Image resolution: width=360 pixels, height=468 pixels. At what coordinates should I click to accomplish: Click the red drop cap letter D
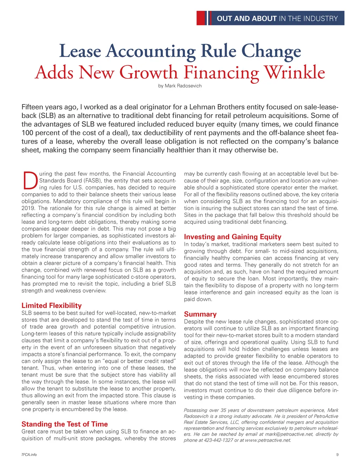(30, 180)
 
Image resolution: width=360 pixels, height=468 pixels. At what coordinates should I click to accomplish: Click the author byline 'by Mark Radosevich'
(180, 86)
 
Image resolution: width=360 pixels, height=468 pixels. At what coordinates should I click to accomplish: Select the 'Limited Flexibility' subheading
(51, 305)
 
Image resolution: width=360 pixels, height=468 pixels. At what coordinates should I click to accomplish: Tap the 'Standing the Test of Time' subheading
(65, 424)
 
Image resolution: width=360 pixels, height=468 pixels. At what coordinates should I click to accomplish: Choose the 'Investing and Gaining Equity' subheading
(232, 237)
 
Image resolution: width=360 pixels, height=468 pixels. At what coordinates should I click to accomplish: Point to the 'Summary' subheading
(200, 314)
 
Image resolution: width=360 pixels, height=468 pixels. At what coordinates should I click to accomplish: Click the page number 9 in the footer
(337, 455)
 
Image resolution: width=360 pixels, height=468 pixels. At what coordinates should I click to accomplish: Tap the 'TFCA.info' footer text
(29, 455)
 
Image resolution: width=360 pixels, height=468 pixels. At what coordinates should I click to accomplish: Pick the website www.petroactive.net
(268, 440)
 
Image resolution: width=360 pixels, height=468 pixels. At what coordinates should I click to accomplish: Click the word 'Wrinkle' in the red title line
(295, 72)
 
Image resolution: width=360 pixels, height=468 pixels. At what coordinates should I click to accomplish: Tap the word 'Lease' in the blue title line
(80, 51)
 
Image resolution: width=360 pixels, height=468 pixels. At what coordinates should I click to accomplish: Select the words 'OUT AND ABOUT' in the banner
(246, 19)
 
